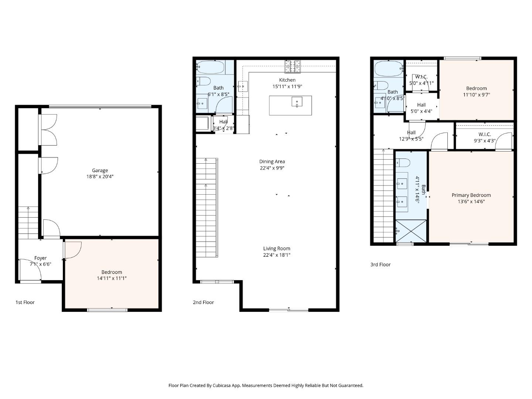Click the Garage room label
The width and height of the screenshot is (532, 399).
click(100, 170)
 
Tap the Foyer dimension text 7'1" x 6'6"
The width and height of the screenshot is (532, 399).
click(40, 264)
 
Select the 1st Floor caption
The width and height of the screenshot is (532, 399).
click(25, 302)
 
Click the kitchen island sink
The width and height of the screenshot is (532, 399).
click(297, 102)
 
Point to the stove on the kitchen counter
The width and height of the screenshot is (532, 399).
click(292, 66)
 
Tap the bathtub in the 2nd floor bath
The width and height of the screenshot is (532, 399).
click(210, 67)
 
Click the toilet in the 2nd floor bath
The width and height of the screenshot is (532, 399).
click(203, 81)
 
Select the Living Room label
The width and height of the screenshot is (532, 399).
click(277, 249)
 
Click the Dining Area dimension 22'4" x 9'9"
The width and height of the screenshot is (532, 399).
click(272, 168)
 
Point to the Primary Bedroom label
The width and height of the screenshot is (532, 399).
click(471, 195)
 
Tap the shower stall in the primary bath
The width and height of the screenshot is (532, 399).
click(411, 231)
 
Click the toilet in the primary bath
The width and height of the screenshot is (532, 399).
click(403, 163)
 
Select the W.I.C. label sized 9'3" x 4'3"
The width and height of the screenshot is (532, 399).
click(484, 134)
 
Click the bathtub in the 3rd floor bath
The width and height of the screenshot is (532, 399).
click(388, 68)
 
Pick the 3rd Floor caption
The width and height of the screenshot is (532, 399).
click(380, 265)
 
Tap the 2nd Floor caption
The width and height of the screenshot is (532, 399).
click(203, 302)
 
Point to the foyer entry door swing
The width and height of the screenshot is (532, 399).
click(30, 272)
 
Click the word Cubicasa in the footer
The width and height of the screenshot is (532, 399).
click(223, 385)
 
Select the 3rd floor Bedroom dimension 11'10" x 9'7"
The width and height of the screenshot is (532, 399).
click(476, 95)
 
